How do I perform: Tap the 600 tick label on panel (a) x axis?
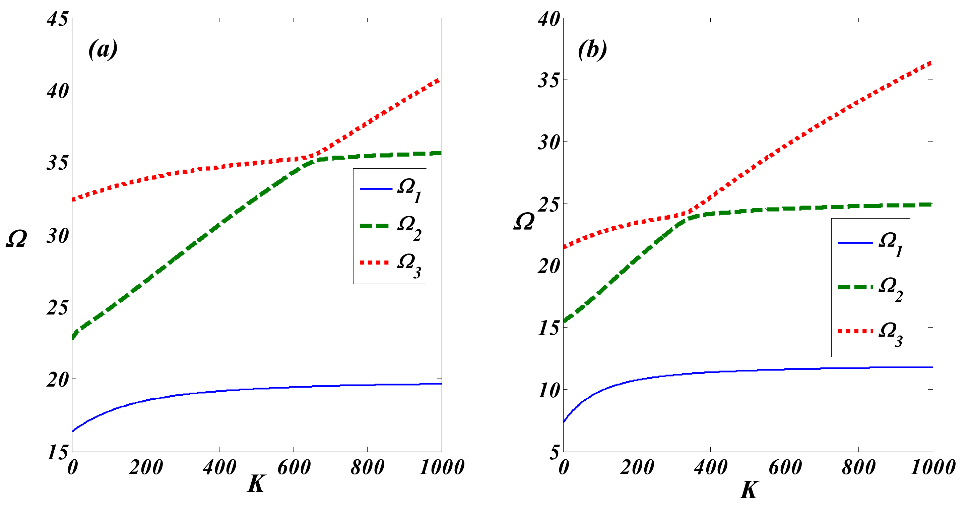[294, 467]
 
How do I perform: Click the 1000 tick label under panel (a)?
[442, 467]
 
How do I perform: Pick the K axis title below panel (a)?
[256, 484]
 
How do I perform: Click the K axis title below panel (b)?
[749, 490]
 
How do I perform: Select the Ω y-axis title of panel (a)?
[16, 238]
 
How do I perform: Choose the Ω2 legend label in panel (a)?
[409, 227]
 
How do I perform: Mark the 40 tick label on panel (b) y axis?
[548, 19]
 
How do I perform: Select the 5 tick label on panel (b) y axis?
[554, 452]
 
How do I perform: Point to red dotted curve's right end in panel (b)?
[931, 62]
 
